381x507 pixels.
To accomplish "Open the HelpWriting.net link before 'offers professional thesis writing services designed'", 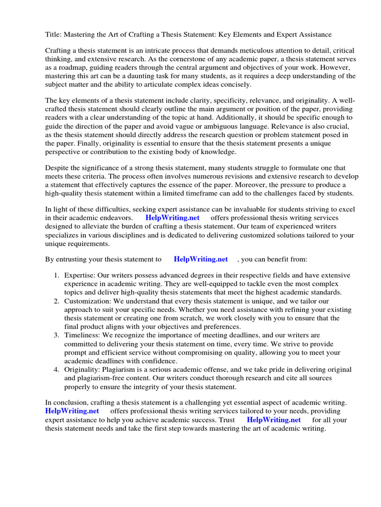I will (172, 218).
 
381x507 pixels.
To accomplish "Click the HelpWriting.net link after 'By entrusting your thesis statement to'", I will (200, 259).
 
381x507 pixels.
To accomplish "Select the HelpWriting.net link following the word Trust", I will (273, 420).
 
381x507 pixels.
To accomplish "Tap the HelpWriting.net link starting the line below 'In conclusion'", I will (72, 411).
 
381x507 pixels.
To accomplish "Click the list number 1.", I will (57, 276).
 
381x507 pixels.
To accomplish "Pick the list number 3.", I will (57, 335).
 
